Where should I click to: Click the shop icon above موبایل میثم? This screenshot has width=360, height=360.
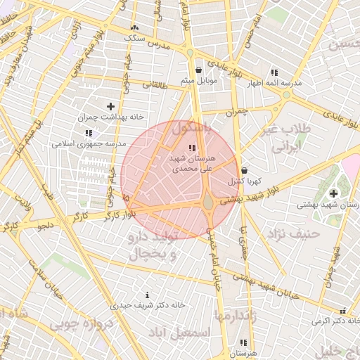click(199, 70)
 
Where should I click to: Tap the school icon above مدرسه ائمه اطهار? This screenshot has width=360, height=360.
click(274, 72)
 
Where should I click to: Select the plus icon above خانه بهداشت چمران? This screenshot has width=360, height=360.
click(110, 106)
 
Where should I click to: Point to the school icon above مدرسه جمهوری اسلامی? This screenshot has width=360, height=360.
click(88, 133)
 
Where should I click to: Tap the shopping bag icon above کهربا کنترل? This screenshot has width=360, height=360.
click(244, 170)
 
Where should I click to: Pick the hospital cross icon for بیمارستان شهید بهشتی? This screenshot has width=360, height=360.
click(333, 193)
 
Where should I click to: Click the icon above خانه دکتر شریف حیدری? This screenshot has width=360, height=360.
click(146, 295)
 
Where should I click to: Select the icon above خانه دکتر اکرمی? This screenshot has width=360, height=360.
click(343, 310)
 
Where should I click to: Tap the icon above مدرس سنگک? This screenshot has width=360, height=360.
click(134, 28)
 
